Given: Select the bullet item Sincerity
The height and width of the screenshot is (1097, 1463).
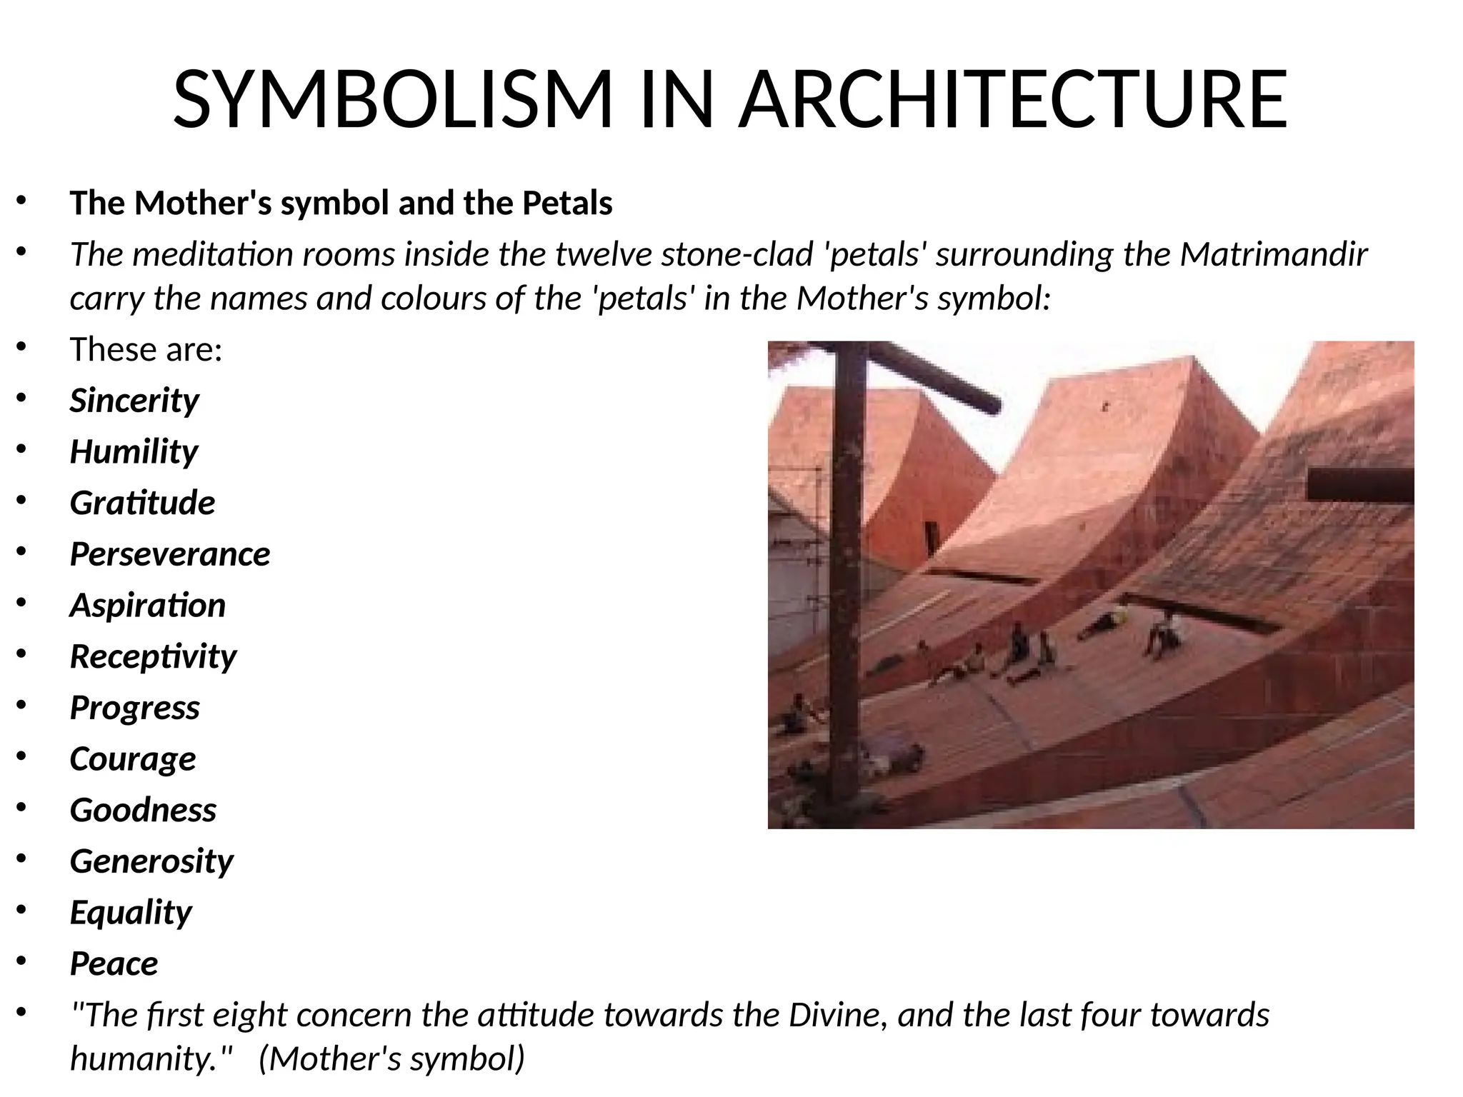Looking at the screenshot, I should click(x=134, y=401).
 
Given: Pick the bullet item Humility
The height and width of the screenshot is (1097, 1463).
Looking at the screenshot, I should click(x=134, y=452).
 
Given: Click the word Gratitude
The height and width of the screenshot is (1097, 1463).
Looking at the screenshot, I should click(x=142, y=503).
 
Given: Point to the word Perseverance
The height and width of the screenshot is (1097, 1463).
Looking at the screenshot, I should click(x=170, y=554).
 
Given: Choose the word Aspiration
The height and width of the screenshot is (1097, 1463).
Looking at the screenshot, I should click(x=148, y=606).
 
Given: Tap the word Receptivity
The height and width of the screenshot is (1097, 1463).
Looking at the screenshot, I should click(x=153, y=657).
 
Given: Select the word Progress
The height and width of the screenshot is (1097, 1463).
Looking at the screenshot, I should click(x=135, y=708).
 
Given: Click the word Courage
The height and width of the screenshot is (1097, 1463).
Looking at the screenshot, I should click(x=133, y=759).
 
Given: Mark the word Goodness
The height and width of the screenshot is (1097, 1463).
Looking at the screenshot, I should click(x=143, y=810).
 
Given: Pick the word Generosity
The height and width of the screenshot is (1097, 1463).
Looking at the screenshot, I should click(x=151, y=861).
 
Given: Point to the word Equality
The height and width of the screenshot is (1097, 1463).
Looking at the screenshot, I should click(x=131, y=913).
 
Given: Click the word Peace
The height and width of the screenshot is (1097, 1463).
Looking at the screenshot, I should click(x=114, y=964).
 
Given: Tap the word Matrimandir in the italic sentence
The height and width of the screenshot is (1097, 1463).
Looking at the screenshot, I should click(x=1273, y=254).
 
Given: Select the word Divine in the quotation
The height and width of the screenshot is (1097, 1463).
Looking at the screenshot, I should click(x=833, y=1015).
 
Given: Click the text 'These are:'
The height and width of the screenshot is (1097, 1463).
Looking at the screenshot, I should click(x=146, y=349).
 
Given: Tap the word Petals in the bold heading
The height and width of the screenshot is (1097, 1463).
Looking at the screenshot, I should click(x=567, y=203).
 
